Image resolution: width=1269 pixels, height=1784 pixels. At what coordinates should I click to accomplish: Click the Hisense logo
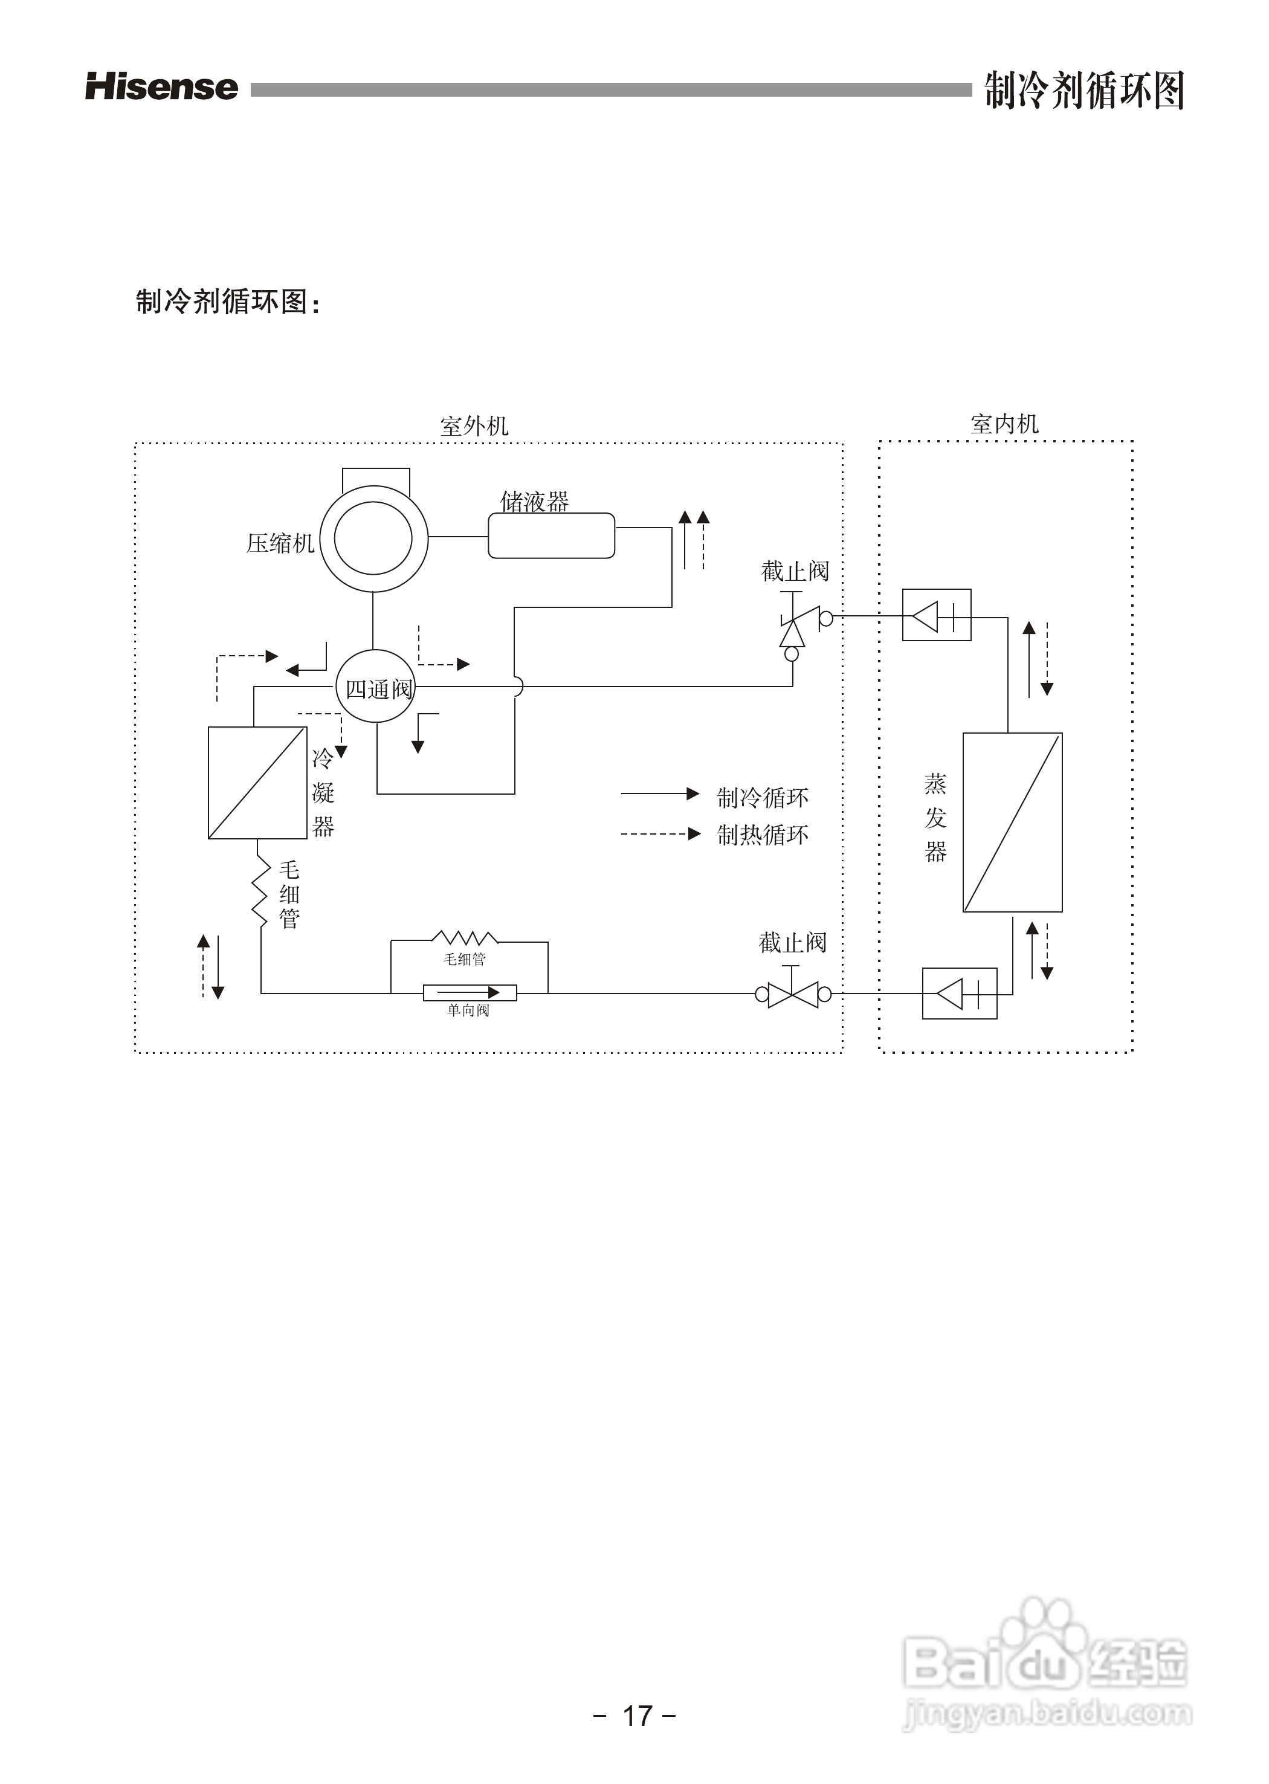(162, 87)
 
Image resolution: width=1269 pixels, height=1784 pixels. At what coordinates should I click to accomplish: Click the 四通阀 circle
(376, 688)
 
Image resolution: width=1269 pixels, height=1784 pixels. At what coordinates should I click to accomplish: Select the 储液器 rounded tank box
(551, 536)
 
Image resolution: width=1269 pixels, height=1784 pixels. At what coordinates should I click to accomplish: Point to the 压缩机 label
(280, 543)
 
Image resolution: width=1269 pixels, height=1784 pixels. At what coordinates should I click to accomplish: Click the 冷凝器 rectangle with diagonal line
(257, 782)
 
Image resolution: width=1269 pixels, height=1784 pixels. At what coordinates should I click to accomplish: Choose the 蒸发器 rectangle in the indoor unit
(1012, 822)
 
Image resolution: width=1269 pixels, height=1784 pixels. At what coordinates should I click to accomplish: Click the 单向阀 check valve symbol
(470, 992)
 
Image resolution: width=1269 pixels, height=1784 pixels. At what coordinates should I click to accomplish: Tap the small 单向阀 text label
(468, 1010)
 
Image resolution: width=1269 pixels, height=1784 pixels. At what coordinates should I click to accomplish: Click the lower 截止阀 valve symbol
(792, 994)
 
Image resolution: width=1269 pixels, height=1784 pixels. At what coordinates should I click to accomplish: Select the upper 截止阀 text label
(795, 571)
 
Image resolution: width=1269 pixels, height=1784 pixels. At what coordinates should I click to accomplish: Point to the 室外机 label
(474, 426)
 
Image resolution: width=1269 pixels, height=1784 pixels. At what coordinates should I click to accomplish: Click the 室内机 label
(1004, 424)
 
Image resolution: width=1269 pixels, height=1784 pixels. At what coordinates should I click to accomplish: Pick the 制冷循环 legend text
(763, 798)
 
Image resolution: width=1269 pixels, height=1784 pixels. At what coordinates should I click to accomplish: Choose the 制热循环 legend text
(763, 835)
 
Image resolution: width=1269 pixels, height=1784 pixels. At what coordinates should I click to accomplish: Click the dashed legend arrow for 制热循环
(660, 834)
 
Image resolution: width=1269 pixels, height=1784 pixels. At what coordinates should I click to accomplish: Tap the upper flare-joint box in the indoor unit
(936, 615)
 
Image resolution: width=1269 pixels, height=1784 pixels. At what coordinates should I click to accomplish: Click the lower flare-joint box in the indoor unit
(960, 993)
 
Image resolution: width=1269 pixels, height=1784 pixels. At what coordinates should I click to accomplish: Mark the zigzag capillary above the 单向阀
(465, 938)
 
